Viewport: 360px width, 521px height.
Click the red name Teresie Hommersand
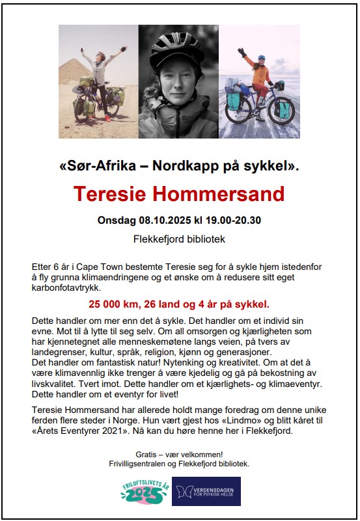click(x=179, y=194)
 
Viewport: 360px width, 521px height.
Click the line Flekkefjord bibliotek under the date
click(x=179, y=239)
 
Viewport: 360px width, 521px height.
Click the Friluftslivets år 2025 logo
click(x=143, y=492)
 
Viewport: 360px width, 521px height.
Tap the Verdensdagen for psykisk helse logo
click(x=206, y=492)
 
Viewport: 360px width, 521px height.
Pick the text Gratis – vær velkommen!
click(x=179, y=454)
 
